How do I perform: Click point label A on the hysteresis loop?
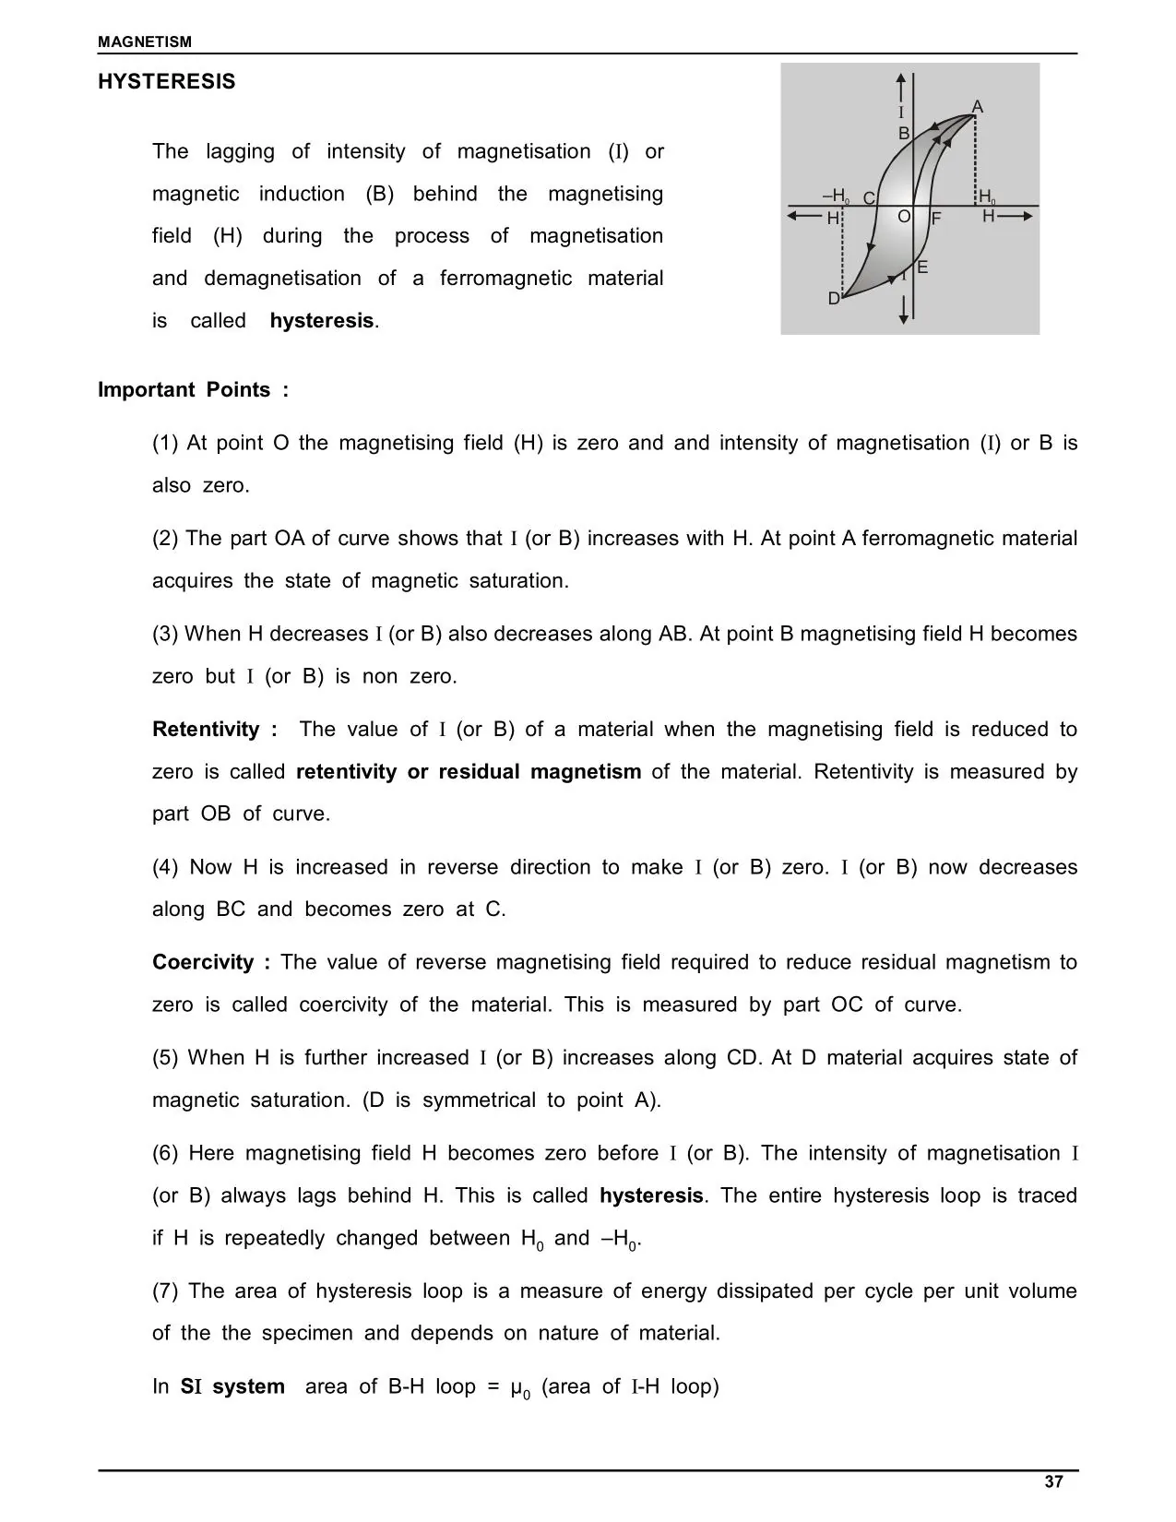[978, 107]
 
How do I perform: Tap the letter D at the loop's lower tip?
[834, 299]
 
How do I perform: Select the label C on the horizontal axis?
[869, 198]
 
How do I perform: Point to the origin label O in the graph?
[904, 216]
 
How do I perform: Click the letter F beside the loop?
[935, 219]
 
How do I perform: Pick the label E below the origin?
[922, 268]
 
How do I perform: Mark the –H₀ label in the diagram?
[836, 196]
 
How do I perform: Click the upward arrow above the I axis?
[902, 85]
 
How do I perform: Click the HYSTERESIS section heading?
[167, 82]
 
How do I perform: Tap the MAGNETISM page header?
[146, 42]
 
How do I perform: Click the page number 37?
[1054, 1482]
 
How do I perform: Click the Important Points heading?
[193, 390]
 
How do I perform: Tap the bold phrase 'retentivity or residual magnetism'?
[469, 772]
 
